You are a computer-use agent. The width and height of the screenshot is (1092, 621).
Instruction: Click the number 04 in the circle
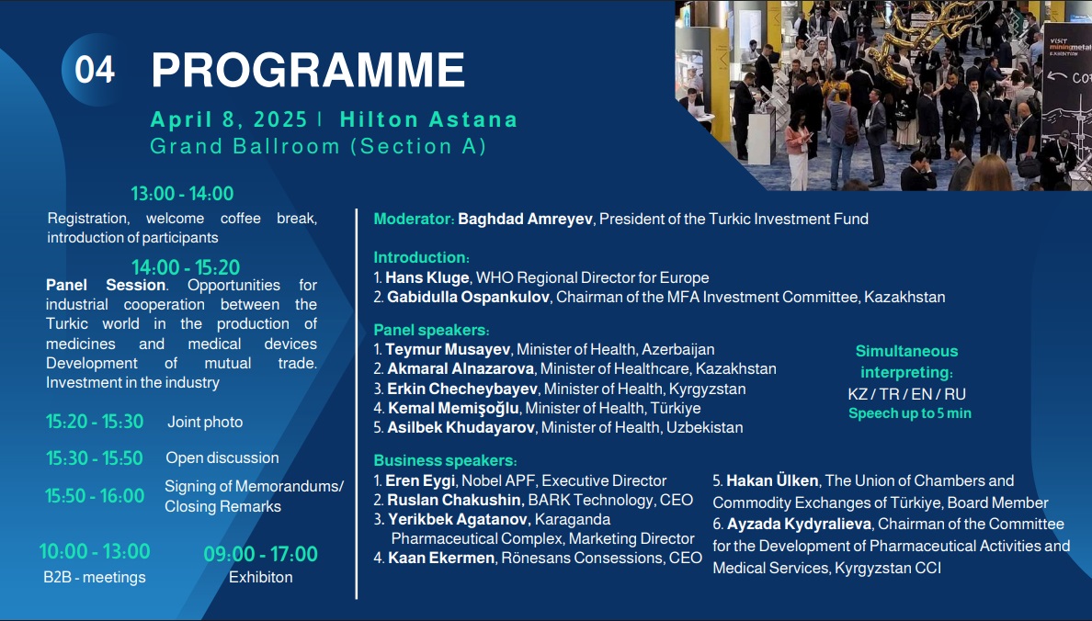pyautogui.click(x=95, y=70)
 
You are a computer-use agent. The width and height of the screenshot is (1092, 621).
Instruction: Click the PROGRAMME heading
pyautogui.click(x=309, y=70)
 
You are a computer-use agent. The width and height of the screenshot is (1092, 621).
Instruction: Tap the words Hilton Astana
pyautogui.click(x=429, y=119)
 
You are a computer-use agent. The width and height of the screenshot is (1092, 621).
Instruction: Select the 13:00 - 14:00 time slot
pyautogui.click(x=183, y=194)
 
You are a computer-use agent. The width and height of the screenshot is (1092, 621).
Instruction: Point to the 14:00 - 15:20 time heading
pyautogui.click(x=186, y=267)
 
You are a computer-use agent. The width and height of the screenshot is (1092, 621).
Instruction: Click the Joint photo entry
pyautogui.click(x=206, y=422)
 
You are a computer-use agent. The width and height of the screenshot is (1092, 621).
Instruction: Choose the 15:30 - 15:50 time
pyautogui.click(x=95, y=458)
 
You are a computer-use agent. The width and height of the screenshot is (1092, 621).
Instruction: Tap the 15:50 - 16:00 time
pyautogui.click(x=96, y=496)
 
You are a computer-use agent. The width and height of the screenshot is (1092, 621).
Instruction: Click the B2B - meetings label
pyautogui.click(x=95, y=577)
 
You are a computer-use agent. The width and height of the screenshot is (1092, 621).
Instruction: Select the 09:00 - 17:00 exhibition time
pyautogui.click(x=260, y=554)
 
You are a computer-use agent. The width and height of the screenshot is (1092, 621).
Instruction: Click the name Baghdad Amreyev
pyautogui.click(x=525, y=219)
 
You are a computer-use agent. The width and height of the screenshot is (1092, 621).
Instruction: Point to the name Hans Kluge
pyautogui.click(x=427, y=277)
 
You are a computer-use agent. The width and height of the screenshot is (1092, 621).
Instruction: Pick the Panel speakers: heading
pyautogui.click(x=432, y=330)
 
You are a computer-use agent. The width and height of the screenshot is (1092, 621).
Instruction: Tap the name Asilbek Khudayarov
pyautogui.click(x=461, y=427)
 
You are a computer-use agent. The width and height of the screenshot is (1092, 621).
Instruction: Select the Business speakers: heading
pyautogui.click(x=446, y=461)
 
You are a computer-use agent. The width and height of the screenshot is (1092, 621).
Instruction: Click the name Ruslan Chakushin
pyautogui.click(x=454, y=500)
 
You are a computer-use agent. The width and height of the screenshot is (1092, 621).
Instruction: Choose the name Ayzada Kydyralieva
pyautogui.click(x=799, y=524)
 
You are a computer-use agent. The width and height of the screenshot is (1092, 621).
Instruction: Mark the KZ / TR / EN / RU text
pyautogui.click(x=906, y=394)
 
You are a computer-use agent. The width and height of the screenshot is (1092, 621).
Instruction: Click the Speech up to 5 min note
pyautogui.click(x=909, y=413)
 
